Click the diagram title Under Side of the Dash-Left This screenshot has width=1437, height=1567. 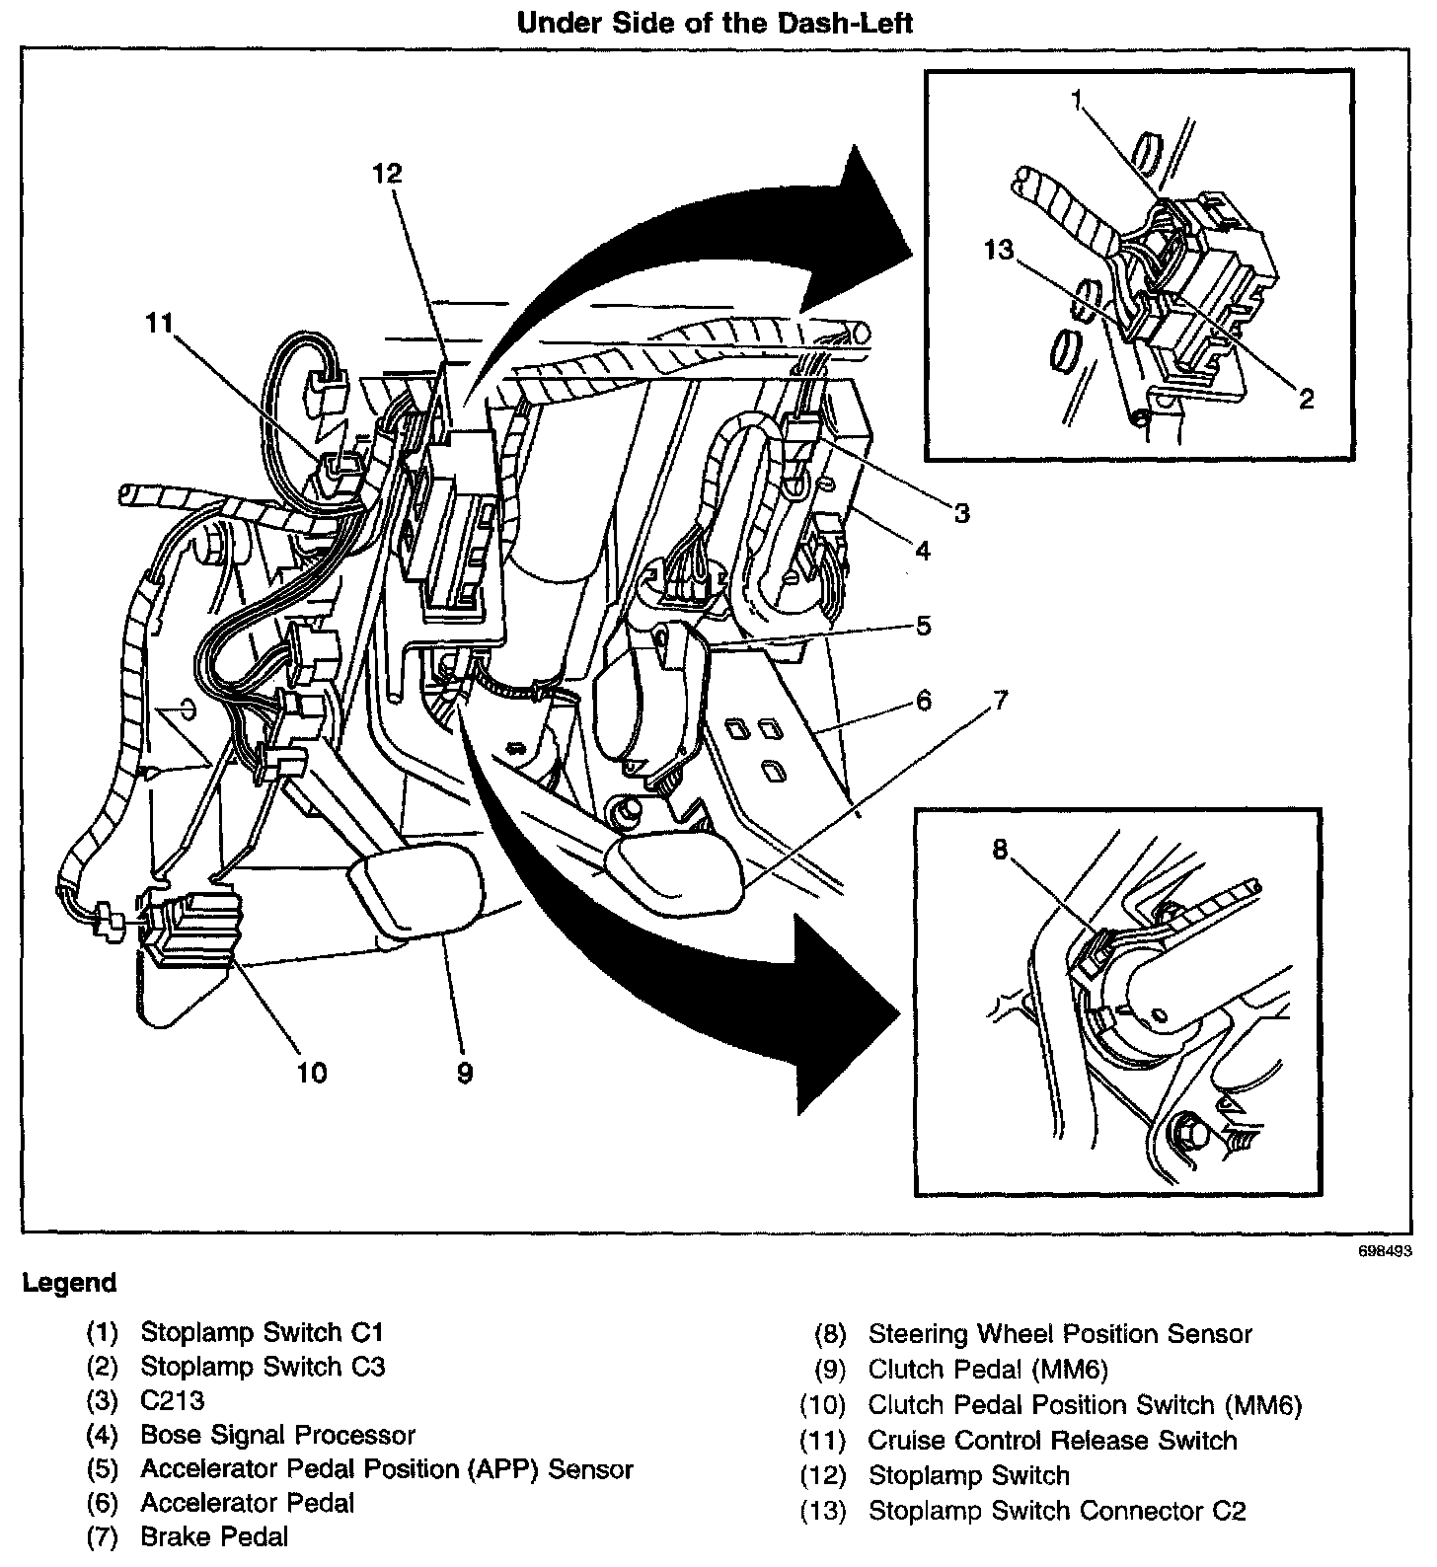coord(716,24)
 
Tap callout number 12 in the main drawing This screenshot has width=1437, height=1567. coord(388,174)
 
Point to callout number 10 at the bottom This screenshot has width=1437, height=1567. coord(312,1072)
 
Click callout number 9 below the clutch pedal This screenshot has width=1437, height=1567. coord(465,1072)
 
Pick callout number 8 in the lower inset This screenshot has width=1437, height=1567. coord(1001,850)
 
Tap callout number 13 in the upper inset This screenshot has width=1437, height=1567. coord(999,251)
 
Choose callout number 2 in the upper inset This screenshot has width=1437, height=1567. coord(1306,399)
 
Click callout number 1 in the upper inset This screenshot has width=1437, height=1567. coord(1079,99)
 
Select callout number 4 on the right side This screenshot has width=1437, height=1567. coord(922,551)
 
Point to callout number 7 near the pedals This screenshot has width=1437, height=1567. coord(1000,701)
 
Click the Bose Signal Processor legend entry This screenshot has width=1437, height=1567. coord(277,1435)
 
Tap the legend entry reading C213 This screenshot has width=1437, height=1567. coord(173,1400)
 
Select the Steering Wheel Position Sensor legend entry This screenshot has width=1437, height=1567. coord(1059,1334)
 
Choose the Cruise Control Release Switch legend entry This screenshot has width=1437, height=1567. coord(1052,1441)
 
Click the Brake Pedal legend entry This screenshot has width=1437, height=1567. coord(214,1536)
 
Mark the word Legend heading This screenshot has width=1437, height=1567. coord(69,1283)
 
